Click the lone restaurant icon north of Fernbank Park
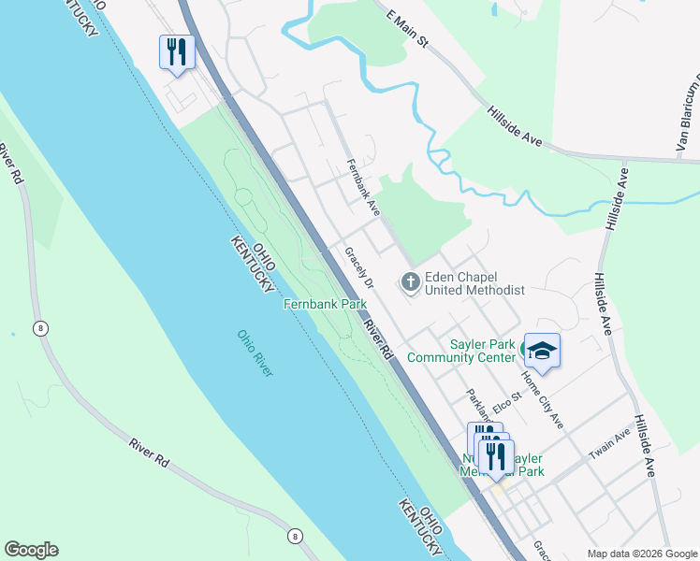pos(177,52)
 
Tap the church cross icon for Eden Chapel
pos(410,281)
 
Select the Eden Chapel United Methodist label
pos(474,283)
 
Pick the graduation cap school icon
pos(542,351)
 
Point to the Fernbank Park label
pos(325,305)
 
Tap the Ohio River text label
pos(255,353)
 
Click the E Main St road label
pos(406,29)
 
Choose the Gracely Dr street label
pos(358,268)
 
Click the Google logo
pos(31,550)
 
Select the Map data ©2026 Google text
pos(641,554)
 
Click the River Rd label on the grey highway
pos(378,341)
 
